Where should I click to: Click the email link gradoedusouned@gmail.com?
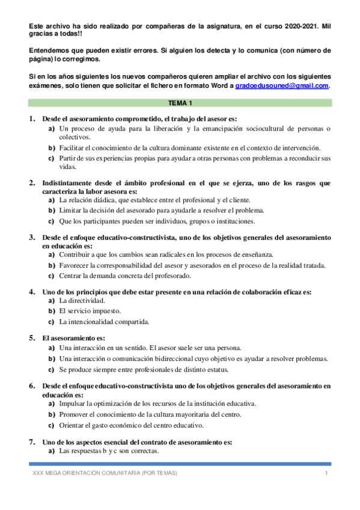282,86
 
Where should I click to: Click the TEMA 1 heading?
180,103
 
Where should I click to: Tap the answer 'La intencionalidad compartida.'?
104,322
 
